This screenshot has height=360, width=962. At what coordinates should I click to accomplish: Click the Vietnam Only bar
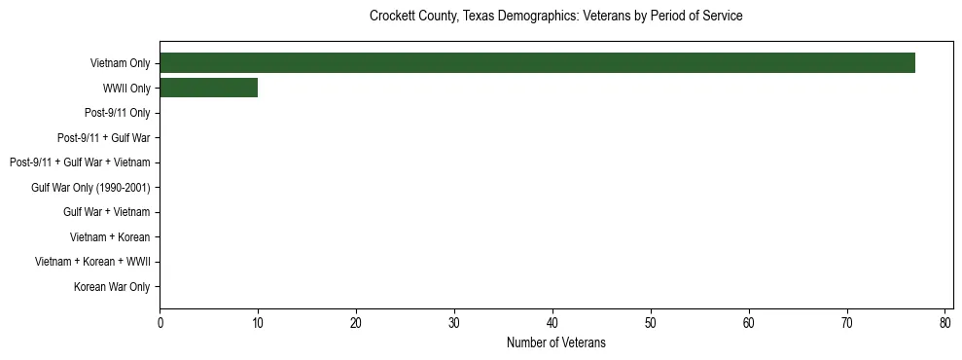pos(537,63)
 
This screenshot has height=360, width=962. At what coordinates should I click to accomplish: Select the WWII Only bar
pos(208,89)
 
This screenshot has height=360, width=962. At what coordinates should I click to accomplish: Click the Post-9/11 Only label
pos(117,113)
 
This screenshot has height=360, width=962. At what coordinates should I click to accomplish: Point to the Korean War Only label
pos(112,287)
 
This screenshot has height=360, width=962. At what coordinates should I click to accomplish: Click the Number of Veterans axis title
pos(555,342)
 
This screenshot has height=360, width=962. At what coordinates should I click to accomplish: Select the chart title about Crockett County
pos(555,17)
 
